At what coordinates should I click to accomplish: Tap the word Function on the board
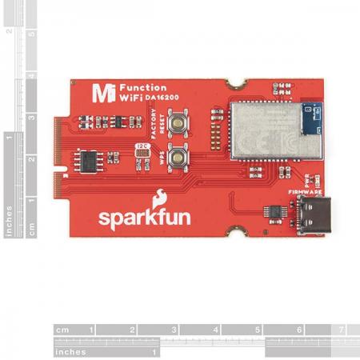click(x=145, y=87)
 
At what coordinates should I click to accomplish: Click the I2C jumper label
click(x=142, y=147)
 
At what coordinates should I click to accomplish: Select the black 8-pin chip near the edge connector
click(x=87, y=159)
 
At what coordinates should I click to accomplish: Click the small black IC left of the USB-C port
click(x=274, y=210)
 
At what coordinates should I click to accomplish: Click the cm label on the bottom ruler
click(x=62, y=330)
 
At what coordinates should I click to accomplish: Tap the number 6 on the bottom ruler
click(x=298, y=330)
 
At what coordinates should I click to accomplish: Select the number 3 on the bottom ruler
click(x=174, y=330)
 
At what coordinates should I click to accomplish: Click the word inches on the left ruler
click(x=9, y=217)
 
